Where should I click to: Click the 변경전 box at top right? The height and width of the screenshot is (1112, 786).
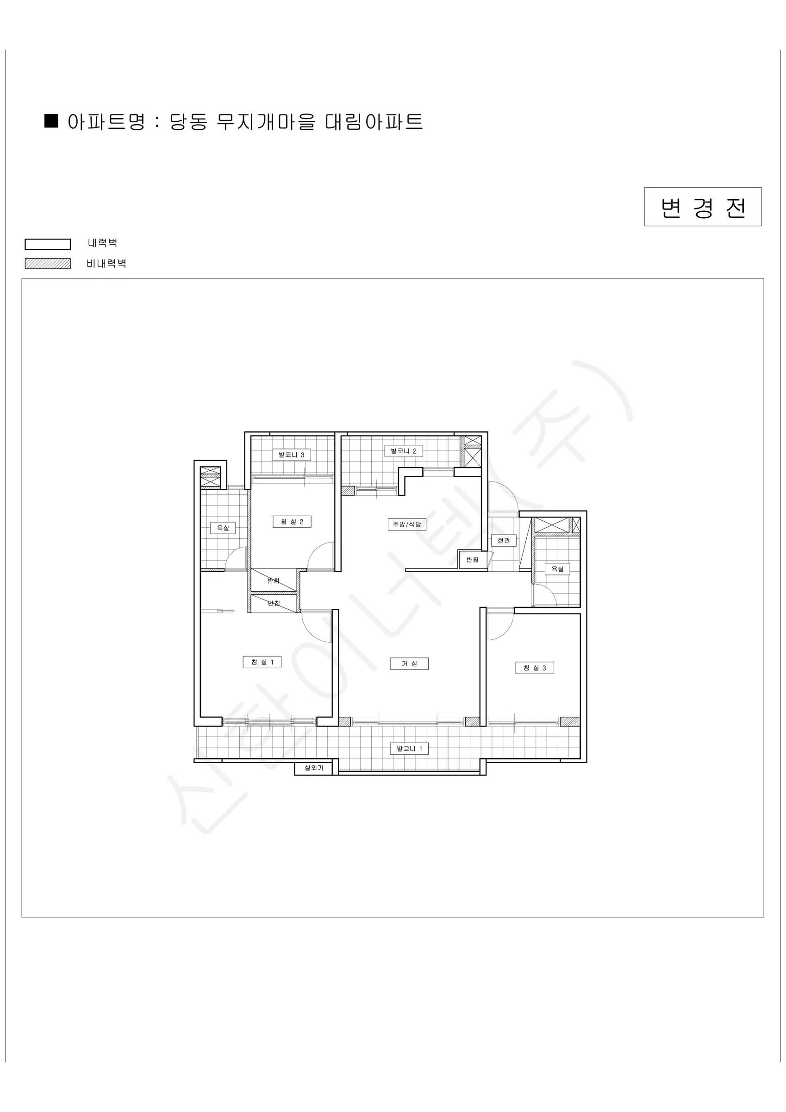(703, 207)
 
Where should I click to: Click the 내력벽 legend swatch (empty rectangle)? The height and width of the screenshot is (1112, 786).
(47, 244)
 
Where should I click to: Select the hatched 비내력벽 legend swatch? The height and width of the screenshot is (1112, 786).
(47, 264)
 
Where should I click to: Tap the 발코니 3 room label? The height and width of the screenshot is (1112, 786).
(291, 455)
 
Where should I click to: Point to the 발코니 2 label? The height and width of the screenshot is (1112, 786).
(404, 451)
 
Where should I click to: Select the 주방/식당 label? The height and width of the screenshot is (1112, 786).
(407, 524)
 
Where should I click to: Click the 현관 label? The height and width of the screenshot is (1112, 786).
(504, 540)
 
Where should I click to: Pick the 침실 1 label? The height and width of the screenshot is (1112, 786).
(262, 662)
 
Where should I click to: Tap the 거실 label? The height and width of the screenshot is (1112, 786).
(409, 663)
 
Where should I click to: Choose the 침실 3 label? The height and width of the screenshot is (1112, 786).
(534, 668)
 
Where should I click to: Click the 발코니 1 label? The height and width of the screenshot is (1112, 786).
(410, 749)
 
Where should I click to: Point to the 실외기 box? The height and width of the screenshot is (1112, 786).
(314, 768)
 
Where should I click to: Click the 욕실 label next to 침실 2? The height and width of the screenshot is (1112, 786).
(223, 527)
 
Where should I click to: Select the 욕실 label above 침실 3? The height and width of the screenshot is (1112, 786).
(557, 569)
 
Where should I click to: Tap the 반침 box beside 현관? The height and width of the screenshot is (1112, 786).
(472, 559)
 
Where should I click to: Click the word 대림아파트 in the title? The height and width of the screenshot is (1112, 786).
(374, 121)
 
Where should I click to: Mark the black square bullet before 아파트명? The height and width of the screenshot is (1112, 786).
(51, 121)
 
